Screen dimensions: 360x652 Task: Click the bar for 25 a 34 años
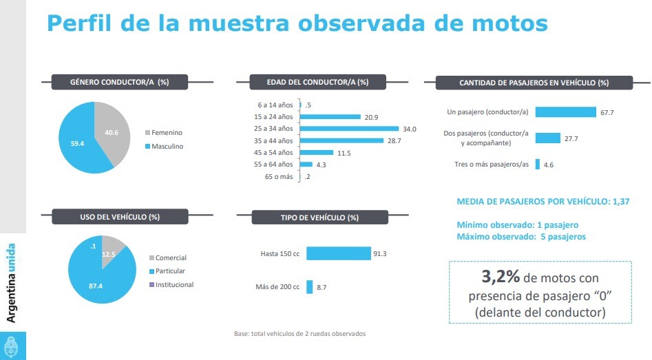click(x=350, y=129)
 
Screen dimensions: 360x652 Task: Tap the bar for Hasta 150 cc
click(x=338, y=253)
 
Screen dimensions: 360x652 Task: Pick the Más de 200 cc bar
click(x=310, y=286)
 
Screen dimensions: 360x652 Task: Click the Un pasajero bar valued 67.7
click(x=565, y=112)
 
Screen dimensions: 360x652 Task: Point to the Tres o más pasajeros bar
click(x=538, y=165)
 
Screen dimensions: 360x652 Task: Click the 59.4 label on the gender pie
click(x=78, y=143)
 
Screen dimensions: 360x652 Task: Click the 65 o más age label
click(x=279, y=177)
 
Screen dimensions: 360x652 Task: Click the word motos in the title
click(x=503, y=23)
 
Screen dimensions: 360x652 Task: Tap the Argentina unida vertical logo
click(x=12, y=282)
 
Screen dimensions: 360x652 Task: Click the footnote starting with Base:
click(x=299, y=334)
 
